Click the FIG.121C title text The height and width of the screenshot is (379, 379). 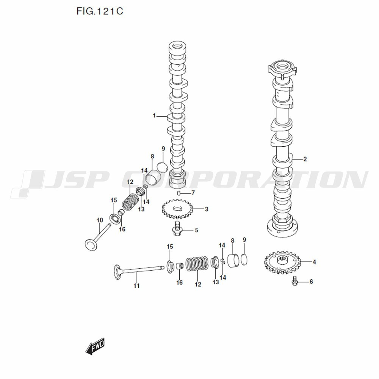[x=100, y=11]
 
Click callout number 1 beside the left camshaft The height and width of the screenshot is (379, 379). [x=154, y=116]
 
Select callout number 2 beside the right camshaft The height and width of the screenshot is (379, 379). [x=305, y=159]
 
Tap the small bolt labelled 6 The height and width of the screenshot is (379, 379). [x=294, y=282]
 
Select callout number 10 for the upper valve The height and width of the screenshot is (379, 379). [x=100, y=220]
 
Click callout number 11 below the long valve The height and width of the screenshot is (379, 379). [x=136, y=286]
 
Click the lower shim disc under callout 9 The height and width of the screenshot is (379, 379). [x=245, y=258]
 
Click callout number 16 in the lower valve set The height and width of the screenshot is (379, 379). [x=179, y=282]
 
